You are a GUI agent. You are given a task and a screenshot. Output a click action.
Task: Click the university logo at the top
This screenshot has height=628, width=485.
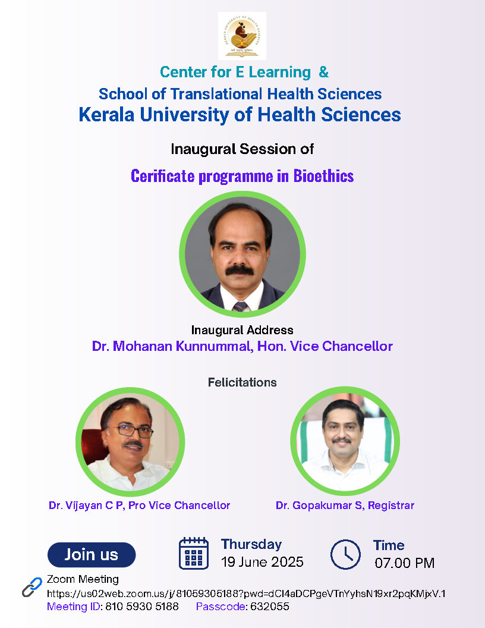tap(242, 36)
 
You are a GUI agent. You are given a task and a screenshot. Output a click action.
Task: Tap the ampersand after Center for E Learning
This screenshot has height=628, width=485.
tap(324, 72)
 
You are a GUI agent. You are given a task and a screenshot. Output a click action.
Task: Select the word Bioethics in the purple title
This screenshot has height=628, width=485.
tap(323, 176)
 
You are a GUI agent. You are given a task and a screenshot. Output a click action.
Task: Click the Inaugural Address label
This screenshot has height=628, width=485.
tap(242, 330)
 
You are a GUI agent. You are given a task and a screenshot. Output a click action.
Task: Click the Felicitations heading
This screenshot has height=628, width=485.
tap(242, 382)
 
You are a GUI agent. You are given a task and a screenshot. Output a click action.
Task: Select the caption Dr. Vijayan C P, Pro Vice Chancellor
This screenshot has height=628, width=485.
tap(139, 505)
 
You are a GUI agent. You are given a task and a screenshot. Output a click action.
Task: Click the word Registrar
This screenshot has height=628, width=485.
tap(391, 505)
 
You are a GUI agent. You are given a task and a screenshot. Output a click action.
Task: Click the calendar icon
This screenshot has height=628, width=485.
tap(194, 553)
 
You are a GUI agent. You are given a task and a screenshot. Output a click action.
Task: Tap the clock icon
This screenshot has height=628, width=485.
tap(345, 554)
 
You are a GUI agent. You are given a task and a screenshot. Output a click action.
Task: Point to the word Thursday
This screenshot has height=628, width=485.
tap(251, 544)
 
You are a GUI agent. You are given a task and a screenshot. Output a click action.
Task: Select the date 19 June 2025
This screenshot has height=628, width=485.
tap(262, 562)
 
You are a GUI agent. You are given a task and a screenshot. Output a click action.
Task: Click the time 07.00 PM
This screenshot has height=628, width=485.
tap(405, 563)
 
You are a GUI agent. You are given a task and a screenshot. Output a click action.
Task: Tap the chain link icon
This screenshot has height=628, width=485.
tap(32, 587)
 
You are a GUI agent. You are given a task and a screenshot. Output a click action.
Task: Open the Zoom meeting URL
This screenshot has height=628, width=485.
tap(246, 594)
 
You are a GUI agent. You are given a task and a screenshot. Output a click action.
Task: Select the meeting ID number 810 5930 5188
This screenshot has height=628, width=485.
tap(142, 607)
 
